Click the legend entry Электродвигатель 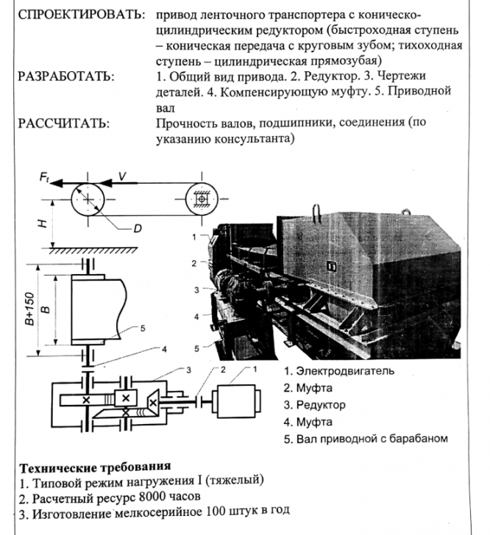click(339, 370)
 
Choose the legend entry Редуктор click(319, 405)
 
